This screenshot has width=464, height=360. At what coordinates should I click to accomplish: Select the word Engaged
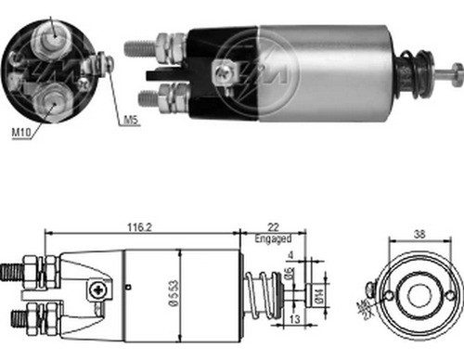click(x=274, y=238)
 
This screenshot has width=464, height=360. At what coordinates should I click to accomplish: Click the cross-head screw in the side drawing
click(x=98, y=289)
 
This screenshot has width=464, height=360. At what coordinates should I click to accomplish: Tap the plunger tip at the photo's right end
click(x=455, y=71)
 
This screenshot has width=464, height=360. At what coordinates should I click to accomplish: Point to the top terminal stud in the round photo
click(x=51, y=32)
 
